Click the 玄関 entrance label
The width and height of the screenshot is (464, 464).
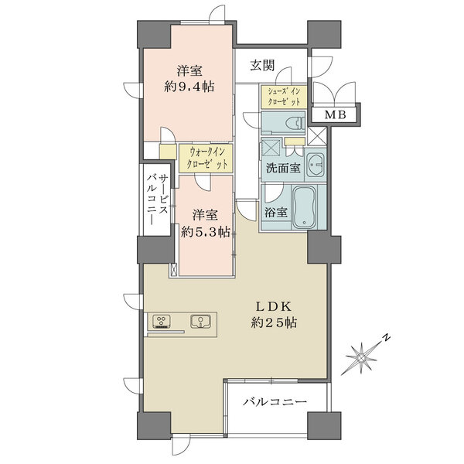[262, 66]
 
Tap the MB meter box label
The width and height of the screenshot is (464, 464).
[336, 114]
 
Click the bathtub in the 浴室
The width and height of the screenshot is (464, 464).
[305, 206]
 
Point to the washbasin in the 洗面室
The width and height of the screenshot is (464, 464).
[316, 165]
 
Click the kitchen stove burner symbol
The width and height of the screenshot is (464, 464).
[162, 322]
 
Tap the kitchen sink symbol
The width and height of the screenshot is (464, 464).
[200, 322]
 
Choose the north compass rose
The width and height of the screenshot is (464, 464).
[362, 358]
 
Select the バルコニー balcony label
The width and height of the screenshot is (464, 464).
[275, 402]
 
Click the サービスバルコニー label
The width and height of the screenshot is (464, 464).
[158, 200]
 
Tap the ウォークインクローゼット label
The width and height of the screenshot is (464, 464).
[206, 159]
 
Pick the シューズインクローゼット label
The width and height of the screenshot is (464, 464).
[284, 97]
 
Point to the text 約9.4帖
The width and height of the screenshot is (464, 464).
[189, 87]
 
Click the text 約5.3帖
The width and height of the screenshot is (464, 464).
[206, 232]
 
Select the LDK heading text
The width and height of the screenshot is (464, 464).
[274, 306]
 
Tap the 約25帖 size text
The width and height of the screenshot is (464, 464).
[274, 322]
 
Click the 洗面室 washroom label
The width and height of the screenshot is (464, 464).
[283, 168]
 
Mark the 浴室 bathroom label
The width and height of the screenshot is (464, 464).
[275, 212]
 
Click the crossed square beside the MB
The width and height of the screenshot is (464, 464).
[316, 136]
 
